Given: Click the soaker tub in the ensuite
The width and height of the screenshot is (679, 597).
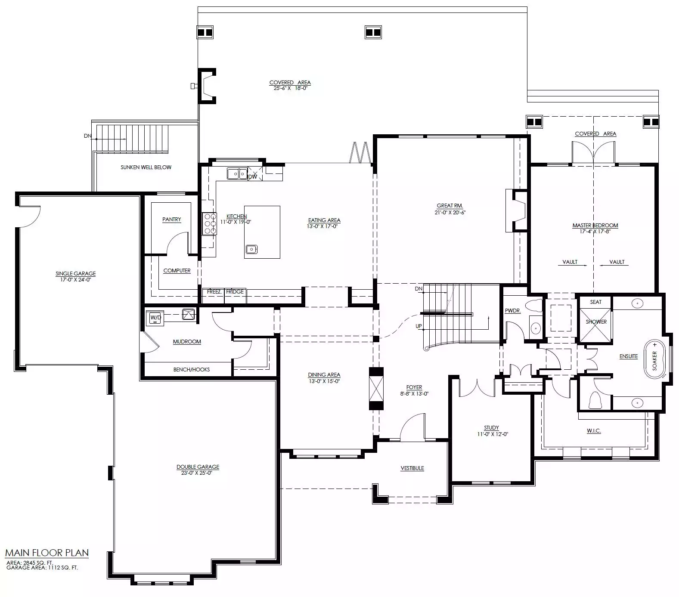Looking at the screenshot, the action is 655,359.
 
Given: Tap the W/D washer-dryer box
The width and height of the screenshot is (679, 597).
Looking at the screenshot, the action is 155,318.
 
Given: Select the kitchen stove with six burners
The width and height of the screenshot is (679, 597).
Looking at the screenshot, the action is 209,224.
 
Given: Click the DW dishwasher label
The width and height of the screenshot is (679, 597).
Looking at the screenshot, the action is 253,176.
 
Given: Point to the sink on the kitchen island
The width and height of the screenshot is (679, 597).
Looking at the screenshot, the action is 251,249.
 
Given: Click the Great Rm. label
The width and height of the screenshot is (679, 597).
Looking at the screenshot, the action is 450,206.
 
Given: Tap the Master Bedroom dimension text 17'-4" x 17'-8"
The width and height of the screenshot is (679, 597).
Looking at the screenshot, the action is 595,231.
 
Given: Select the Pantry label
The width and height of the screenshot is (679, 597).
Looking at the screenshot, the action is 172,220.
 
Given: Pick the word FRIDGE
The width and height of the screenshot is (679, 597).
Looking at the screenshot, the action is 235,292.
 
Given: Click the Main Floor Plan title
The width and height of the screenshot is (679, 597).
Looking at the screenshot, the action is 47,553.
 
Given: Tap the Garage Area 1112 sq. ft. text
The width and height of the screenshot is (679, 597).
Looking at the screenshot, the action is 42,568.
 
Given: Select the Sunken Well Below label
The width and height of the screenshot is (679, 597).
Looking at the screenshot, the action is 146,167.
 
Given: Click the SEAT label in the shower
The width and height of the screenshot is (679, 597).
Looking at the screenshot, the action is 596,302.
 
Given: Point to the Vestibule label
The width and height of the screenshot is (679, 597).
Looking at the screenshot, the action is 412,468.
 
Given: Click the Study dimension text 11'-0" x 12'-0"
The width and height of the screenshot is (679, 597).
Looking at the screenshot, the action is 493,434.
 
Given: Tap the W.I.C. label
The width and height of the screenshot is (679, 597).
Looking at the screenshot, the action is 594,431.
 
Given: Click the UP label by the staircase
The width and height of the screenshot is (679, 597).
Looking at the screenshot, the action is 419,326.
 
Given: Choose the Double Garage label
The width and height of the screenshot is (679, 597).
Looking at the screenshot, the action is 198,467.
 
